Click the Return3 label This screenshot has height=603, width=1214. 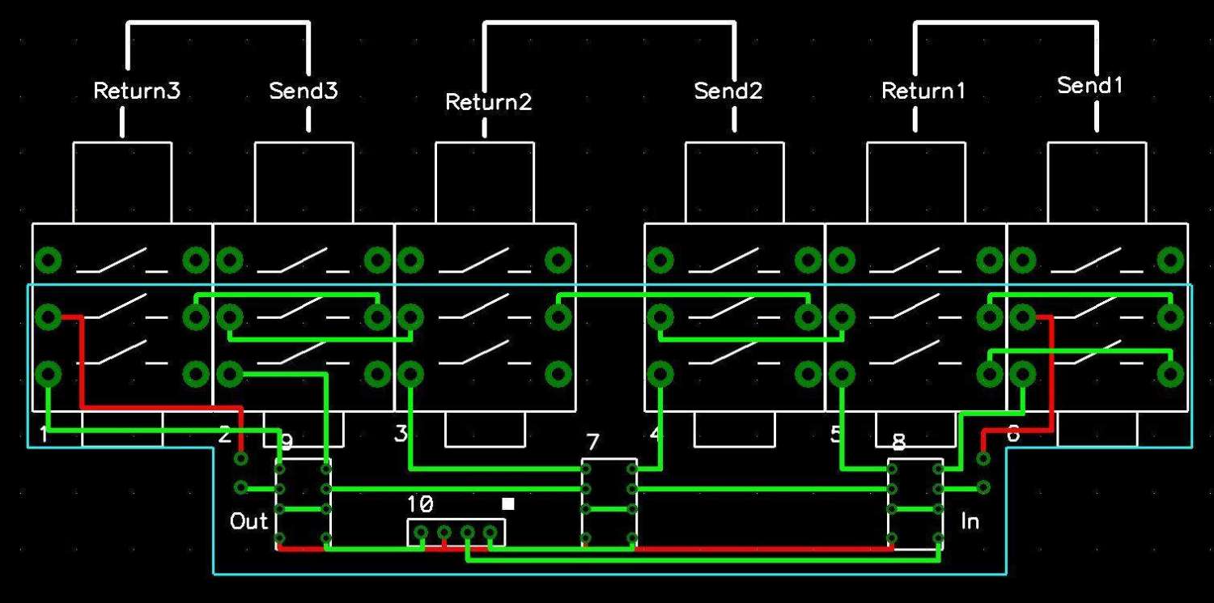coord(137,91)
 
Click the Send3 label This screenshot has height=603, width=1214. coord(303,91)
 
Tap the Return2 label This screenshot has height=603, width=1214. coord(489,103)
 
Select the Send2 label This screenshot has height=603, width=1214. coord(728,91)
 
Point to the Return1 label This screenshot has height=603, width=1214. coord(923,91)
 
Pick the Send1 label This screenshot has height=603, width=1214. coord(1090,85)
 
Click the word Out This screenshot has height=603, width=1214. coord(248,521)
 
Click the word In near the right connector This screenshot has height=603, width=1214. coord(970,521)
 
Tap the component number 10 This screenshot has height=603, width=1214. coord(420,504)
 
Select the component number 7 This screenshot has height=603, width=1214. coord(592,442)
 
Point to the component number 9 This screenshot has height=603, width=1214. coord(286,442)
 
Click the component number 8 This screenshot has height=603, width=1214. coord(898,442)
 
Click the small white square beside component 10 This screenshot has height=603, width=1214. coord(508,503)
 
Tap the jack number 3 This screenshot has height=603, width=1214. coord(401,435)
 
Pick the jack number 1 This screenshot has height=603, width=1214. coord(44,435)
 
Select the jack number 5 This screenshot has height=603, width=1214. coord(836,435)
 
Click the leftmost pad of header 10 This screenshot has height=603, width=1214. coord(421,532)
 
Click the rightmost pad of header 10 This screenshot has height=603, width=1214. coord(490,532)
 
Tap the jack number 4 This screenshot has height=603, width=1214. coord(656,435)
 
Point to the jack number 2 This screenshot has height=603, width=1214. coord(225,435)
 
